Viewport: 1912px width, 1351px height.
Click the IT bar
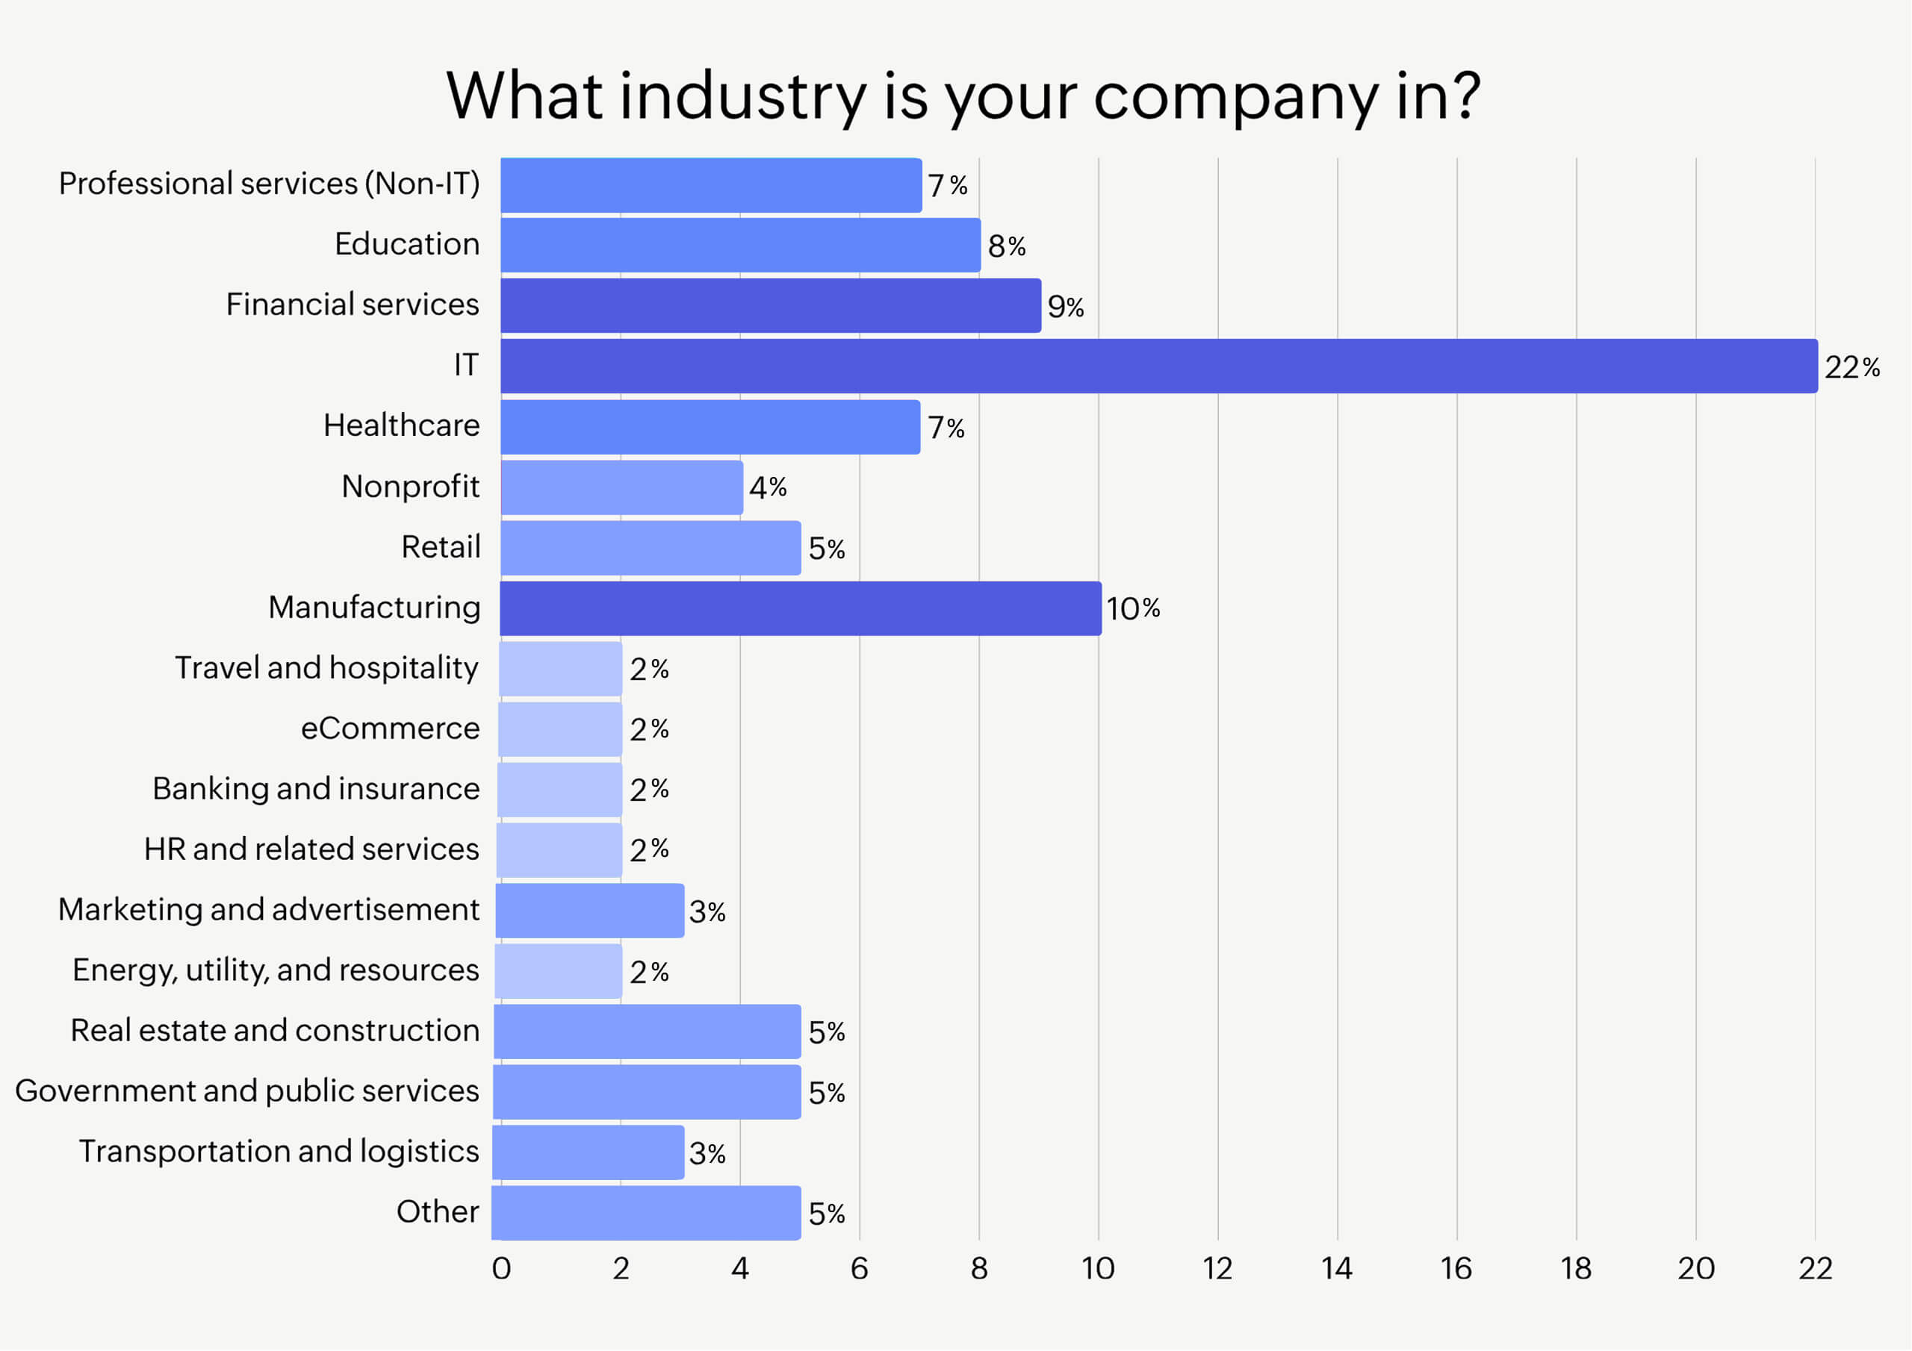tap(1158, 366)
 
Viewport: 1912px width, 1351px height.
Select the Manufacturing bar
tap(800, 608)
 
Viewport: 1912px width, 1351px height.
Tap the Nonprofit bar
tap(621, 488)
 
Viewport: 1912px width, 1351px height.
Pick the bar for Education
tap(740, 246)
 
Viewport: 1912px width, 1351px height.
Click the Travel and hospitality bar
tap(560, 669)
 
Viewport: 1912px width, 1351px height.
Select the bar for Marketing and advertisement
tap(589, 911)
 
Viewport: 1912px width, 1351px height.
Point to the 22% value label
tap(1852, 367)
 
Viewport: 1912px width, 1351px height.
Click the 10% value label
tap(1132, 608)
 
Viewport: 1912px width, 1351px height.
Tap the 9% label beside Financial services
tap(1065, 308)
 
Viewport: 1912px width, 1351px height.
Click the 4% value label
tap(768, 487)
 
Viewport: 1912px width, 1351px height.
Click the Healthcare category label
tap(401, 425)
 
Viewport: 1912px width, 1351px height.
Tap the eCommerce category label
tap(390, 728)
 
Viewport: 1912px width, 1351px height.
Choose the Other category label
tap(437, 1212)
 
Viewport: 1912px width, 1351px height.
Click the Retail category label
tap(441, 547)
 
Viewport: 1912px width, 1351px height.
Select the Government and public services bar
tap(647, 1092)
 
